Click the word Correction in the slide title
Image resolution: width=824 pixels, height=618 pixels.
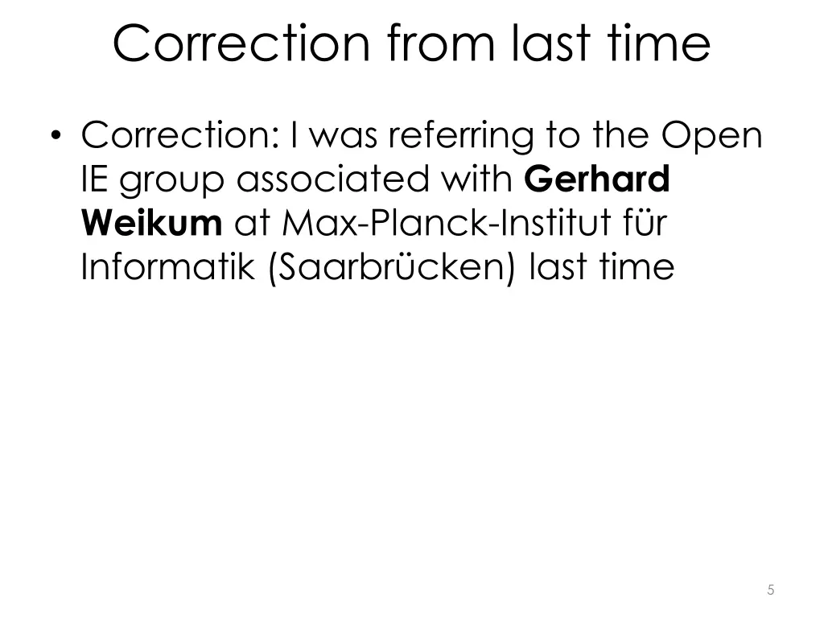click(x=241, y=44)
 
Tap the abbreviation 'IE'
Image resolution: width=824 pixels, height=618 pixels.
click(x=96, y=179)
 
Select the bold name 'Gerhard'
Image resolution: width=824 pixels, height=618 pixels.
click(x=598, y=179)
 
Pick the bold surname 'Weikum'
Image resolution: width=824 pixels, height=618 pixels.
click(x=152, y=223)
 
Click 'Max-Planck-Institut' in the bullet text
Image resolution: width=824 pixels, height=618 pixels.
click(x=430, y=223)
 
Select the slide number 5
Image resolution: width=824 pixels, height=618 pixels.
click(x=771, y=590)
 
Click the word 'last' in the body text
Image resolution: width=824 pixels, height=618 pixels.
click(x=559, y=266)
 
